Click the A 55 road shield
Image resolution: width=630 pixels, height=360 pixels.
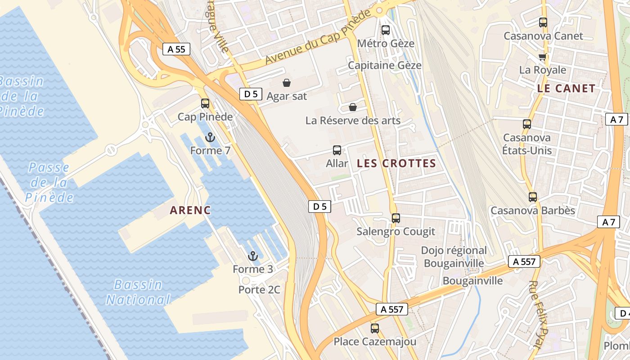(x=176, y=49)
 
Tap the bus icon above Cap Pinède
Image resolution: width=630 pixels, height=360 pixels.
(x=205, y=103)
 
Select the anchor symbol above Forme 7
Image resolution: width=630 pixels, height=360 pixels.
(x=209, y=137)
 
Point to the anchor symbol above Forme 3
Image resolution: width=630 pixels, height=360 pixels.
(x=253, y=256)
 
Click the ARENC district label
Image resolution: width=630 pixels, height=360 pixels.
(x=191, y=210)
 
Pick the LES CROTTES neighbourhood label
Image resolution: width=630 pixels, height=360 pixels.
(x=396, y=163)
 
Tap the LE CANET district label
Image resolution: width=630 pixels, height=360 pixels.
(x=566, y=88)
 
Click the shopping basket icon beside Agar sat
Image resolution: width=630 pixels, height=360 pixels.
(x=286, y=83)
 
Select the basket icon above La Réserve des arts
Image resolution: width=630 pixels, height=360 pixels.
(x=353, y=107)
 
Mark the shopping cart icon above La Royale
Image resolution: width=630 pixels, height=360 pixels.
(x=543, y=57)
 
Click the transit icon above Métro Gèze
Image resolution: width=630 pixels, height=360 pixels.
(x=386, y=30)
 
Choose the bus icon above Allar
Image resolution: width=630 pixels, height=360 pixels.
(x=337, y=150)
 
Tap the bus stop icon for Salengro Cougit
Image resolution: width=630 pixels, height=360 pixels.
(x=396, y=218)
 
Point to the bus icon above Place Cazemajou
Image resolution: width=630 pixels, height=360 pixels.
(x=375, y=328)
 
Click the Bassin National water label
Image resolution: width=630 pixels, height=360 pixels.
(x=138, y=292)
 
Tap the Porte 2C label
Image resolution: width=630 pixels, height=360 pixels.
(x=259, y=289)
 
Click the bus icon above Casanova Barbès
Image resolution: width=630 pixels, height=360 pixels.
(x=533, y=197)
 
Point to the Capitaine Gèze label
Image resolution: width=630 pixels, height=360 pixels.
(x=385, y=65)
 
